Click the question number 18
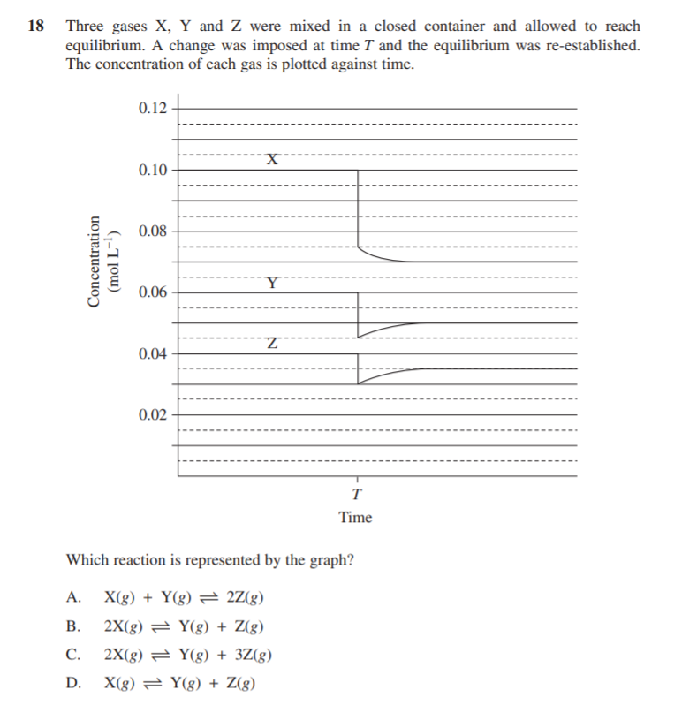coord(35,27)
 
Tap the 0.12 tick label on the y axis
coord(153,108)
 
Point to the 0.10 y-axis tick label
coord(153,169)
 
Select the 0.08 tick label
coord(153,231)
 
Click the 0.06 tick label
coord(153,292)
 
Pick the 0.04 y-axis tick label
coord(153,353)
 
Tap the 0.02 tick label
coord(153,414)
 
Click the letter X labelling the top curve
coord(274,159)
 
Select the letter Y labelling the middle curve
coord(274,283)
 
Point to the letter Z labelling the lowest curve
coord(274,343)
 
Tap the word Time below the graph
coord(355,517)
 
